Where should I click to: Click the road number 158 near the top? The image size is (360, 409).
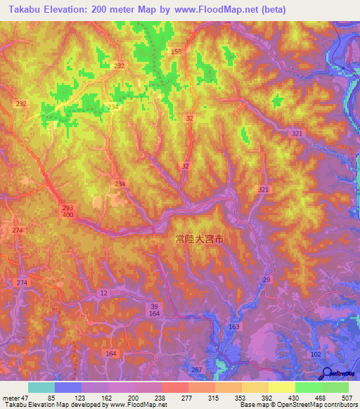[x=176, y=52]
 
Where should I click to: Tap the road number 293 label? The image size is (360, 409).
[x=67, y=208]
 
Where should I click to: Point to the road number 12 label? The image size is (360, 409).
[x=105, y=292]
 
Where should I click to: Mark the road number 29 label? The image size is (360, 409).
[x=266, y=280]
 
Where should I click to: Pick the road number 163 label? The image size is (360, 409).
[x=234, y=327]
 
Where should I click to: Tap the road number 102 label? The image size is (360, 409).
[x=316, y=354]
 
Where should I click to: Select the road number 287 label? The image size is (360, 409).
[x=197, y=369]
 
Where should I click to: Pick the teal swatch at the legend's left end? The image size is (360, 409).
[x=41, y=387]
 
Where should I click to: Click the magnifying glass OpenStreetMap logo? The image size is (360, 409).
[x=328, y=374]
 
